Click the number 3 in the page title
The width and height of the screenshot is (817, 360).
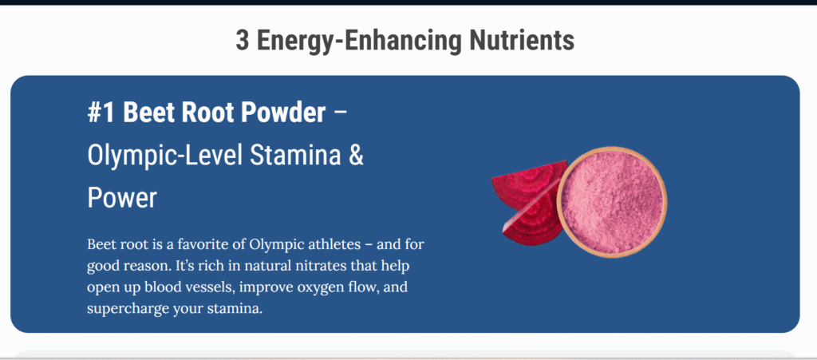pyautogui.click(x=243, y=40)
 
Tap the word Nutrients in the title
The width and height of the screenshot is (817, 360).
pyautogui.click(x=522, y=40)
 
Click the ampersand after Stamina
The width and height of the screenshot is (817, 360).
pyautogui.click(x=356, y=156)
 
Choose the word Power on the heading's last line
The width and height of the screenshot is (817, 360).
pyautogui.click(x=122, y=198)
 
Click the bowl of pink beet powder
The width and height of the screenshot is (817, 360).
pyautogui.click(x=612, y=202)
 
